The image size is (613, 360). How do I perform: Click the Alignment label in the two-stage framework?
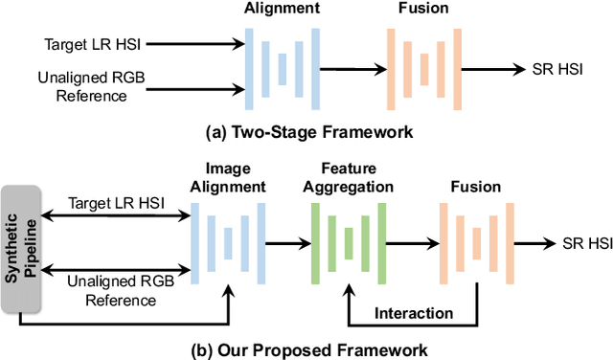coord(281,9)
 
